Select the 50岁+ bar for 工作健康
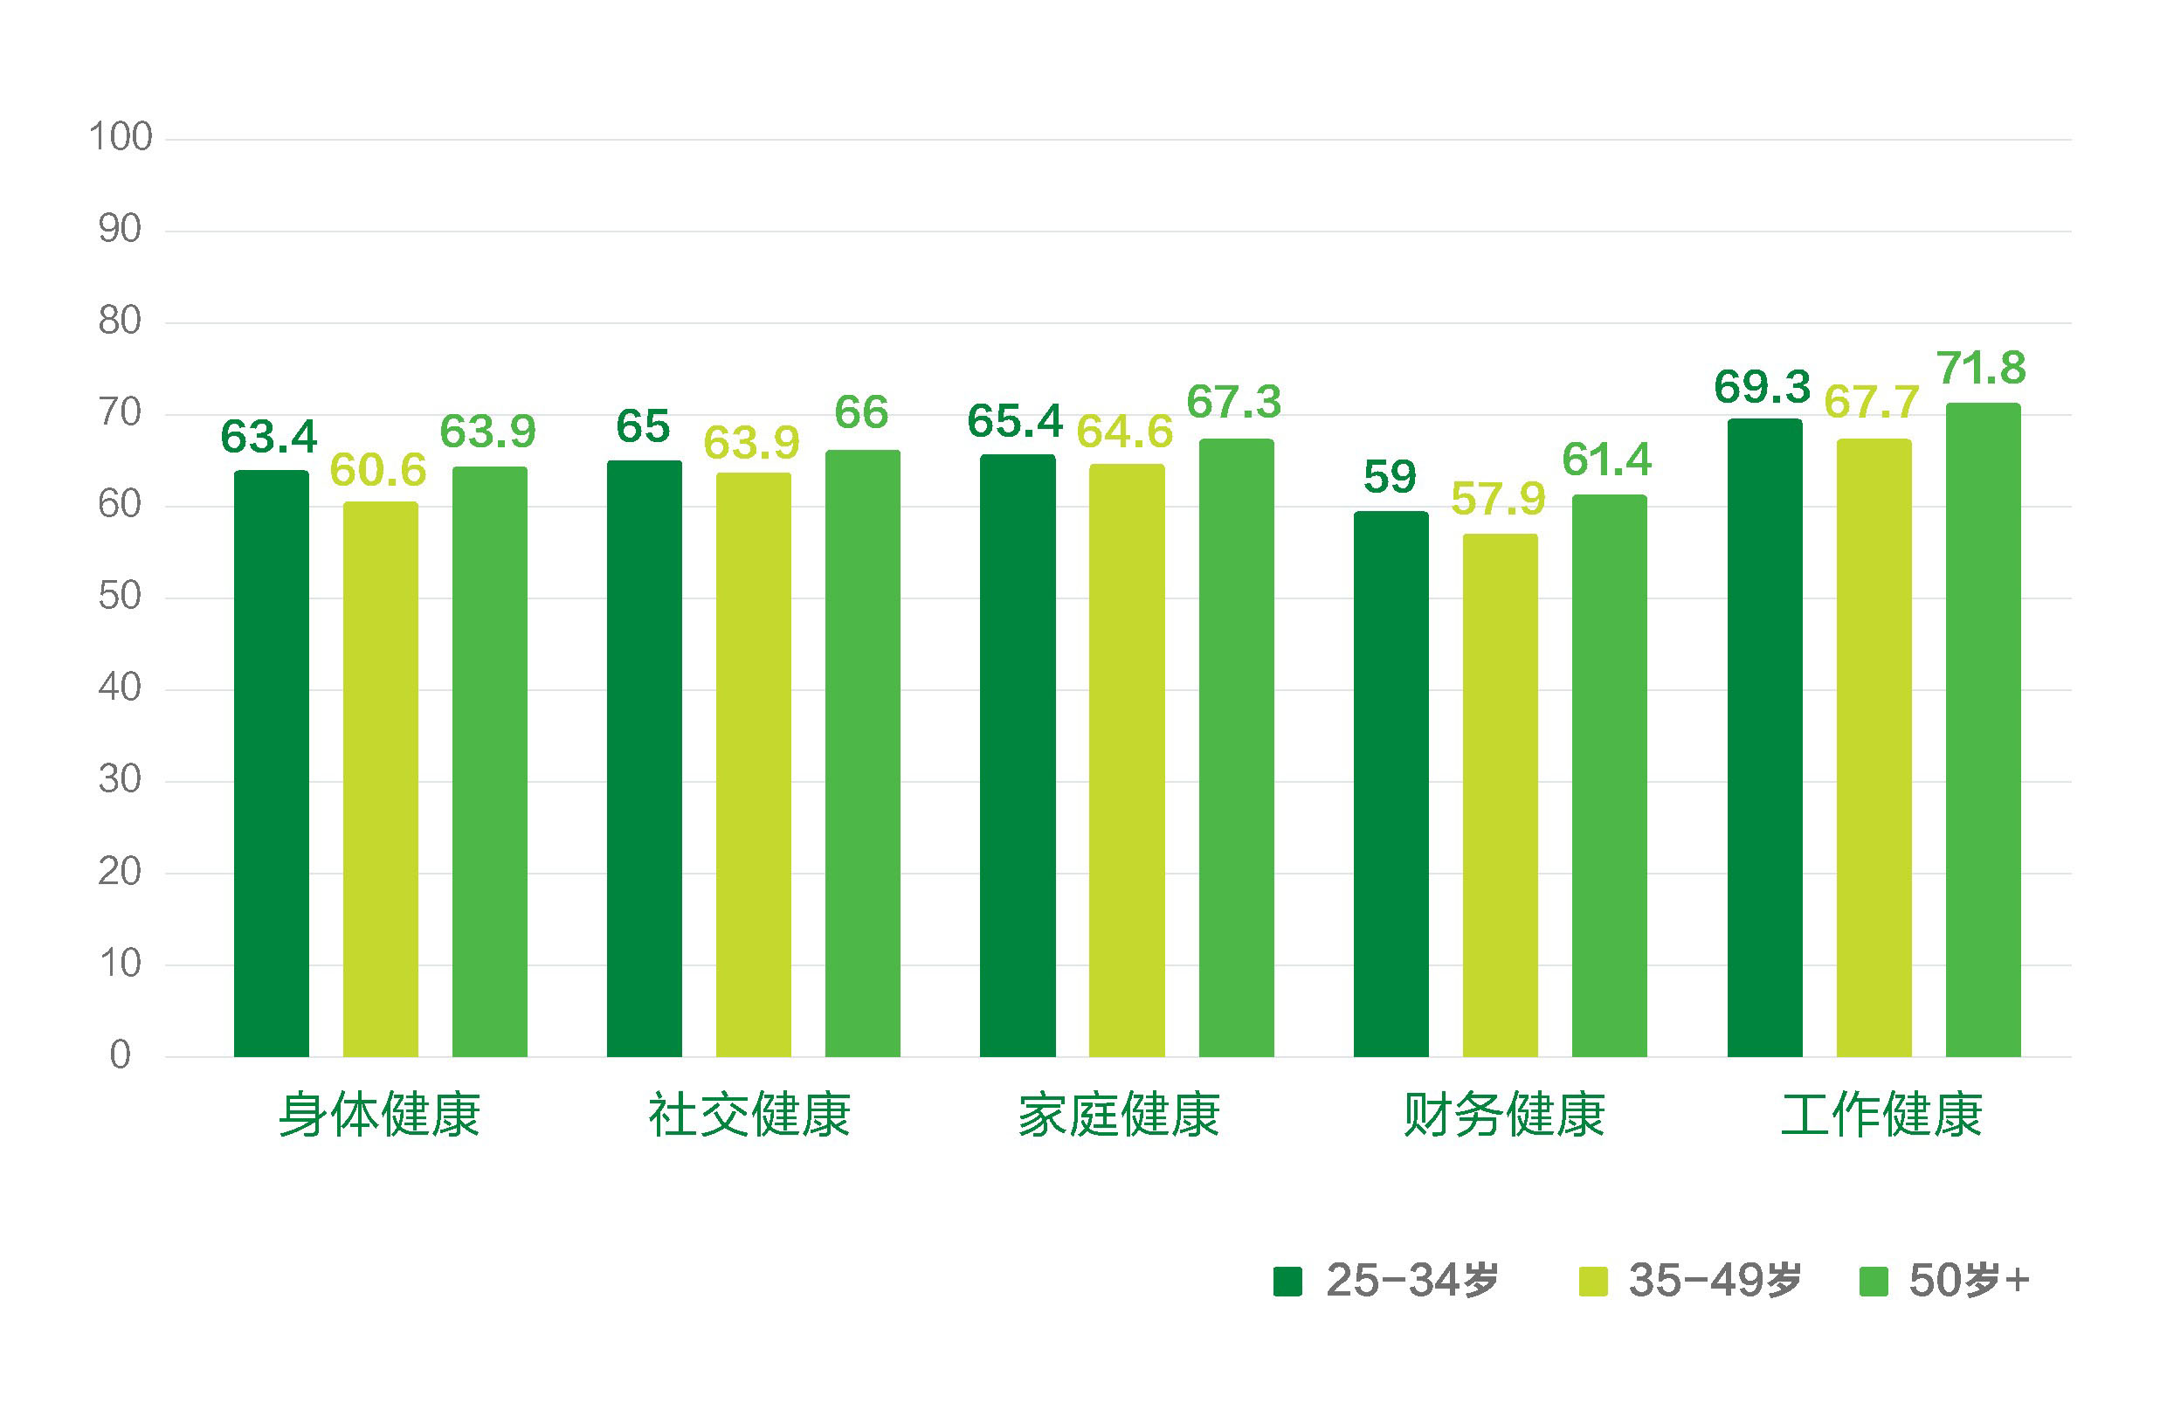click(x=1983, y=729)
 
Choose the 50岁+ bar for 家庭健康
click(x=1236, y=748)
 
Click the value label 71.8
click(x=1981, y=368)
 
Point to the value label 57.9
click(x=1498, y=498)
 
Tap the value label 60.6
click(x=378, y=470)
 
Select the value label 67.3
click(x=1234, y=402)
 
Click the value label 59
click(x=1390, y=476)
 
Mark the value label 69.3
click(x=1762, y=387)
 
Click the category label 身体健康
click(x=379, y=1114)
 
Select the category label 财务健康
click(x=1503, y=1114)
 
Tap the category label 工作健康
click(x=1881, y=1114)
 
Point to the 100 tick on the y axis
click(x=121, y=137)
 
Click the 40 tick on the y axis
click(x=121, y=688)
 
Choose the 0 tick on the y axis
click(x=121, y=1055)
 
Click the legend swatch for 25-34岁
click(x=1287, y=1281)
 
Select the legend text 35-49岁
click(x=1715, y=1280)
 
